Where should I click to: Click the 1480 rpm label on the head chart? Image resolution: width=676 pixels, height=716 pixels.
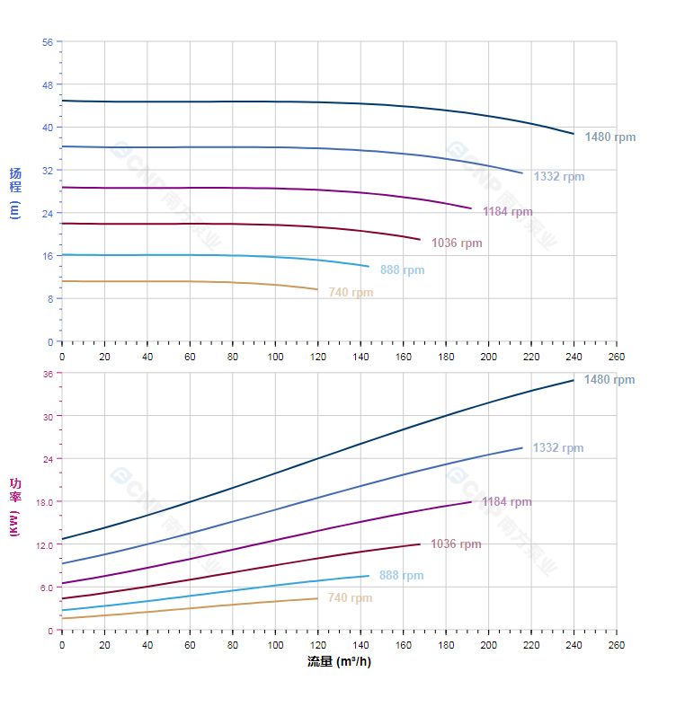pos(609,137)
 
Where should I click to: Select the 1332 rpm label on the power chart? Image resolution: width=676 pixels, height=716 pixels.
pos(557,448)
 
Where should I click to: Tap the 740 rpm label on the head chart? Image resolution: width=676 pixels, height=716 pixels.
pos(351,293)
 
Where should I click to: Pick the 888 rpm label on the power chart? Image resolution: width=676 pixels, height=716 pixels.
pos(401,576)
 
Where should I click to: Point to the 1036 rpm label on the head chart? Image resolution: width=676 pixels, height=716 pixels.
pos(457,243)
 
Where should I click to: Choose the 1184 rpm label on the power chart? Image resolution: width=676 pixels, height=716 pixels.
pos(506,502)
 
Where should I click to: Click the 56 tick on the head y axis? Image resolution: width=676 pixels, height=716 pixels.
pos(48,41)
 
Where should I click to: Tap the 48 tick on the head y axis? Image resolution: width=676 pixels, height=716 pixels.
pos(48,84)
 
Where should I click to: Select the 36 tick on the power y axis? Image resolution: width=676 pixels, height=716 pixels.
pos(48,374)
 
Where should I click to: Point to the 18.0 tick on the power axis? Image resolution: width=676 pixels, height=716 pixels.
pos(45,501)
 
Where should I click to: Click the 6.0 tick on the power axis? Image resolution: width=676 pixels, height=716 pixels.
pos(47,588)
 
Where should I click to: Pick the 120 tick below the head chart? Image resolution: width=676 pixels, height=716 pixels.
pos(318,357)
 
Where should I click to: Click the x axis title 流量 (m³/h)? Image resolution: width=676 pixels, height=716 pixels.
pos(339,662)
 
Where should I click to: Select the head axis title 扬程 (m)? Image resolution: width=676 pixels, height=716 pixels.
pos(14,192)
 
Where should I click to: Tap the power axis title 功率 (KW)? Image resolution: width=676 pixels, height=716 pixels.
pos(14,507)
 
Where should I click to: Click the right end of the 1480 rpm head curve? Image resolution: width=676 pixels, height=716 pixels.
pos(574,134)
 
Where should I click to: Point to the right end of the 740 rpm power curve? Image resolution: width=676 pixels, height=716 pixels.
pos(317,598)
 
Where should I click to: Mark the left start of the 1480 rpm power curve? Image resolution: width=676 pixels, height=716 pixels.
pos(62,539)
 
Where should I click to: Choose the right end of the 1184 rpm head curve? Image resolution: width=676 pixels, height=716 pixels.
pos(471,208)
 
